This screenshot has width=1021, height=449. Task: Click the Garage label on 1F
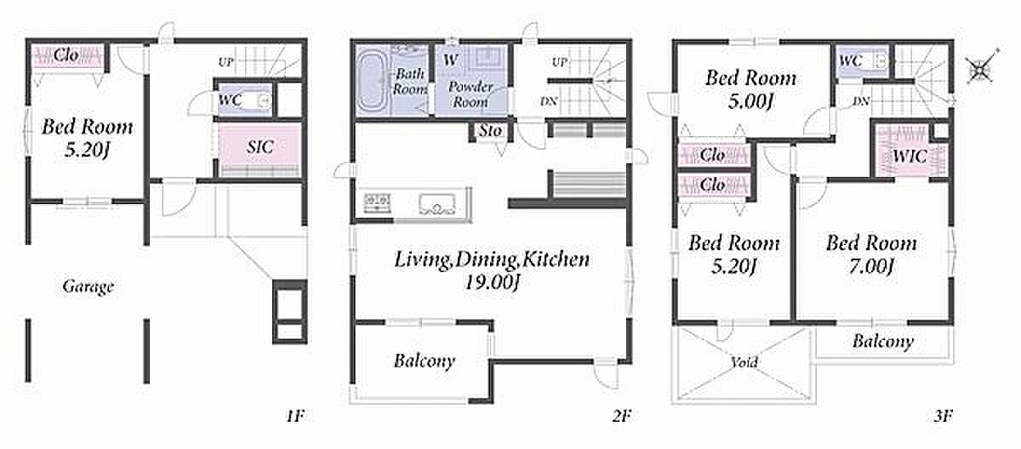88,287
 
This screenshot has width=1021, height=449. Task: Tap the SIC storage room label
260,146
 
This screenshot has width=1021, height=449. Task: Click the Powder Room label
471,94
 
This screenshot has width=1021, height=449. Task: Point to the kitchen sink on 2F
437,204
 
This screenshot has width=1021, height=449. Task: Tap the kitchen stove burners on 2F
377,202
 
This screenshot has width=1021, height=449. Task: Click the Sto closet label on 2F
490,131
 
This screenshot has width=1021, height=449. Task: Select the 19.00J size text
492,282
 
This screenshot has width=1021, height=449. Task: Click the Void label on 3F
744,362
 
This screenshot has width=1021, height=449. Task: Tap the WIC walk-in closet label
910,156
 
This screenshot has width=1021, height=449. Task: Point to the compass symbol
981,68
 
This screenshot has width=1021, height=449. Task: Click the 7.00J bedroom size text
870,266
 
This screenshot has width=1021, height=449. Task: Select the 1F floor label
295,416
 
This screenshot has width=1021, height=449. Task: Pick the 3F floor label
943,416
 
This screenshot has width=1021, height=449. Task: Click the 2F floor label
622,416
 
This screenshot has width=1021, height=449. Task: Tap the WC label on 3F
851,60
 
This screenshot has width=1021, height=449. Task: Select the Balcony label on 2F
425,361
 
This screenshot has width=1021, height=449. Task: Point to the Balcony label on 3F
883,342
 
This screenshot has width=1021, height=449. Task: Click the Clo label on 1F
66,55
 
